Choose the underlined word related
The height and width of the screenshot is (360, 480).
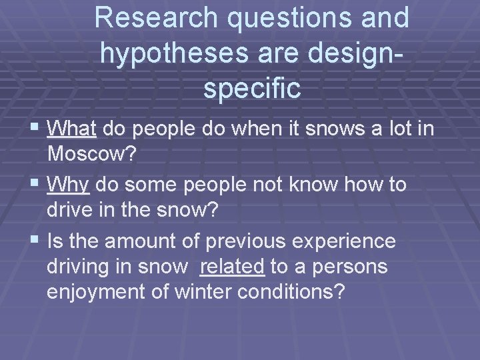coord(233,267)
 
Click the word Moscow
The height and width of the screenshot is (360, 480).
coord(91,155)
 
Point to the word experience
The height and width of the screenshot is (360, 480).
coord(341,241)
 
